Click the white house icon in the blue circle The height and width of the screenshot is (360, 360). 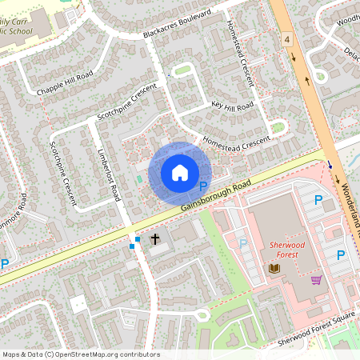point(180,172)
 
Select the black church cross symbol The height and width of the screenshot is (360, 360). point(155,239)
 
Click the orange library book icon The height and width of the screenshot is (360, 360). point(275,268)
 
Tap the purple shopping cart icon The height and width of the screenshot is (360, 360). point(317,280)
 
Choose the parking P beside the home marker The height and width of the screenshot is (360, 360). point(202,185)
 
